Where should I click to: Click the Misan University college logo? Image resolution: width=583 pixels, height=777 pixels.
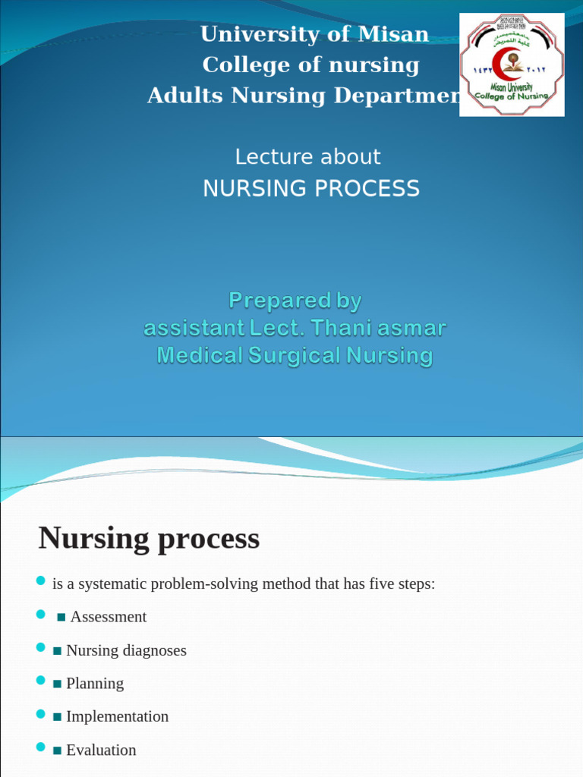click(x=512, y=64)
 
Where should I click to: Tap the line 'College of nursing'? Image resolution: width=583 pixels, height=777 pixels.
click(x=310, y=65)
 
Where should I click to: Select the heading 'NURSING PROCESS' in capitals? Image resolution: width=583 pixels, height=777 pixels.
click(x=310, y=188)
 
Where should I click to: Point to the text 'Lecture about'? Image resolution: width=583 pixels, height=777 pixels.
click(x=307, y=157)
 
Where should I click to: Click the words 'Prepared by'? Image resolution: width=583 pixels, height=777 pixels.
click(x=295, y=301)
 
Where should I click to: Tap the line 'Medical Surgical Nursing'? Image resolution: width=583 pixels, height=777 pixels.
click(x=295, y=355)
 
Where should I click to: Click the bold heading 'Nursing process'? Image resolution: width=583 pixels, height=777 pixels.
click(x=149, y=539)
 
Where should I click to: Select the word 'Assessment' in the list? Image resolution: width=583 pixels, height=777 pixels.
click(x=108, y=617)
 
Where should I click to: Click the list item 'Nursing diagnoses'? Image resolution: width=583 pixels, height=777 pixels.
click(x=126, y=650)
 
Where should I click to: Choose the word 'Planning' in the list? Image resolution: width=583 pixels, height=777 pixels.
click(x=95, y=684)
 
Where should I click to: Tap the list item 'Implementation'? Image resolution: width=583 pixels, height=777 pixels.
click(x=117, y=716)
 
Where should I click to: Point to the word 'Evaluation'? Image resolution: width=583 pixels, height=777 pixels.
click(x=101, y=750)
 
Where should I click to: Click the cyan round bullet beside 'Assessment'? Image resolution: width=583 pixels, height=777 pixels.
click(x=41, y=615)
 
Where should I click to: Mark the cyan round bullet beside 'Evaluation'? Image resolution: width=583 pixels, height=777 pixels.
click(x=41, y=748)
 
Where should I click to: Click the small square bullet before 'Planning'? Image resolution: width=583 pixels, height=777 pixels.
click(x=57, y=684)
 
